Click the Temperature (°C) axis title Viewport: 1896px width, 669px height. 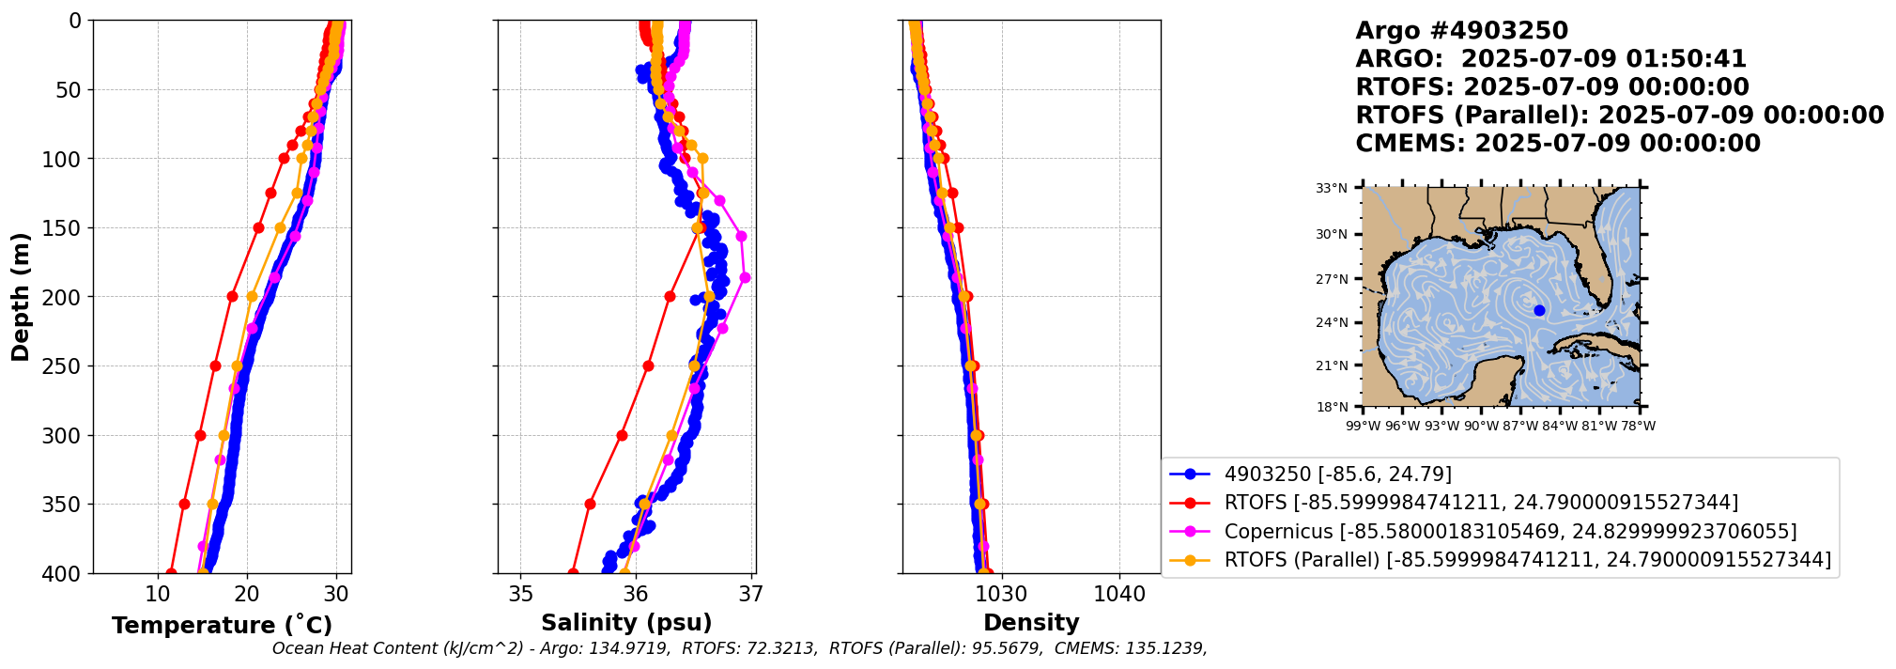[222, 626]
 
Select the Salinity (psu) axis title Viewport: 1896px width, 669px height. [626, 623]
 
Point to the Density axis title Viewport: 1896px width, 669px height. [1031, 623]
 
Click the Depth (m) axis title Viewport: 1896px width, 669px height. [21, 297]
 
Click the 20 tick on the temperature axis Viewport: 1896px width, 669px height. [247, 595]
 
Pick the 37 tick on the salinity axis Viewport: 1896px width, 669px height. [750, 595]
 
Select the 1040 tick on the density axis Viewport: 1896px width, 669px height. [1119, 595]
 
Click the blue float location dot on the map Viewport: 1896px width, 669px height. [1539, 310]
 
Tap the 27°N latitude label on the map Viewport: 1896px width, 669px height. [1332, 279]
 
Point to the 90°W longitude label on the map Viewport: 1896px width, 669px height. [1481, 427]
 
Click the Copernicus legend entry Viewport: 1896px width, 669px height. [1510, 532]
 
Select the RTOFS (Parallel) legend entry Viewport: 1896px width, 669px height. [1527, 560]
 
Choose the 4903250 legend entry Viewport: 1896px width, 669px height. [1337, 475]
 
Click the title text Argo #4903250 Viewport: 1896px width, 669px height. [1461, 31]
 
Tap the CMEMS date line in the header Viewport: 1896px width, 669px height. [1557, 144]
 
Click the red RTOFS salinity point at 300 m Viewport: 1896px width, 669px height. [622, 435]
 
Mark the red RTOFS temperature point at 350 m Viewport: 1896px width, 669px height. [184, 504]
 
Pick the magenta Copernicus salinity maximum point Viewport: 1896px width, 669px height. [745, 277]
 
